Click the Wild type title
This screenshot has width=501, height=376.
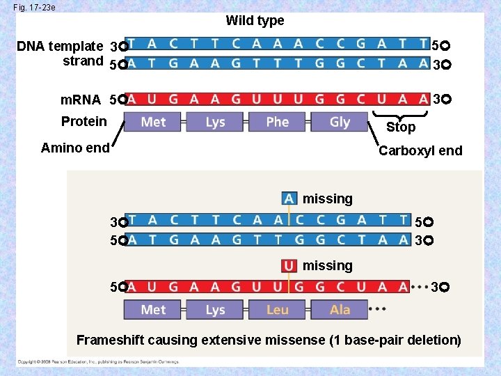255,21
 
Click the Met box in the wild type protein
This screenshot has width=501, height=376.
153,122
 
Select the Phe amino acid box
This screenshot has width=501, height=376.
277,122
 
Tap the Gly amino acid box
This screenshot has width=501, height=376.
340,122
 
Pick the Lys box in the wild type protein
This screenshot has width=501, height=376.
215,122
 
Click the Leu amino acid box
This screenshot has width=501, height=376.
277,309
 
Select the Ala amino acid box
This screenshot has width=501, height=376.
340,309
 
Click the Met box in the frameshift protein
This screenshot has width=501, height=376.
153,309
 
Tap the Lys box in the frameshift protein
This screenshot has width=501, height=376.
215,309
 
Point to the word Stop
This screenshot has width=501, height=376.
401,127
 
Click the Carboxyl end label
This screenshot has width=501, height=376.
420,151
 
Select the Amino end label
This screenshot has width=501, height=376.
75,148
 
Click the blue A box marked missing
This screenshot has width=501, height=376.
289,198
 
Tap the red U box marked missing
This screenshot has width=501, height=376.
289,265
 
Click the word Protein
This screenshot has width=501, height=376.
84,121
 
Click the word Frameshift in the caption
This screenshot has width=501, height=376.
109,340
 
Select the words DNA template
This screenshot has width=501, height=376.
60,47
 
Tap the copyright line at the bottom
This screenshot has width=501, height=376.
97,362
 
